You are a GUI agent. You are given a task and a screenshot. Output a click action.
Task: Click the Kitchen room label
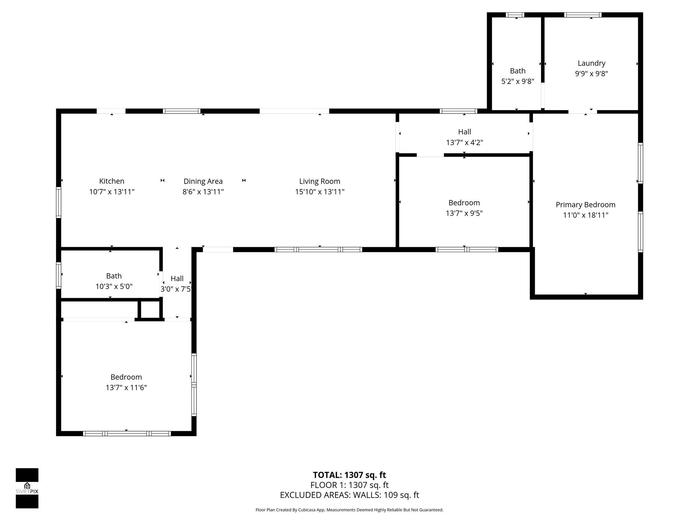tap(112, 181)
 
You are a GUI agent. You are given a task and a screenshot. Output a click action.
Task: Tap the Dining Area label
tap(203, 181)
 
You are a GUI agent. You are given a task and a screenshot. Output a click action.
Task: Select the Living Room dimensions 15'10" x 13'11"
tap(319, 192)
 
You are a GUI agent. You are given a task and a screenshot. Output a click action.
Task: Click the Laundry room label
tap(591, 63)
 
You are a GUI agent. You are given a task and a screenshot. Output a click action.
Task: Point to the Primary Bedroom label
tap(585, 205)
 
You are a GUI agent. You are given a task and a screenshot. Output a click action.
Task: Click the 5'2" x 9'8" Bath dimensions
tap(517, 82)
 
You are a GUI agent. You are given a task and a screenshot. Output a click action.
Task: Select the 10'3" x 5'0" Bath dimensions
tap(114, 287)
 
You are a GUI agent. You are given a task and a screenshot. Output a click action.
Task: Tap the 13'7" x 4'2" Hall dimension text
tap(464, 143)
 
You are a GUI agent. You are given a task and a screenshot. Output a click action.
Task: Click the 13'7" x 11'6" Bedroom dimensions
tap(126, 388)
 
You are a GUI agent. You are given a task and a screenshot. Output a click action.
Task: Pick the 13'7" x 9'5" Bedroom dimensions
tap(464, 213)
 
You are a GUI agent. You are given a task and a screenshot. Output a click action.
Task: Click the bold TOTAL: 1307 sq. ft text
tap(349, 475)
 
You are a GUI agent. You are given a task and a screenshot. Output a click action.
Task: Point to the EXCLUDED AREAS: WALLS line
tap(349, 495)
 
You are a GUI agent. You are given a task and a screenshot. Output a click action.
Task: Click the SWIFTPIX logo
tap(27, 488)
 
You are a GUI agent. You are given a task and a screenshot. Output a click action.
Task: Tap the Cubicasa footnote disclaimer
tap(349, 510)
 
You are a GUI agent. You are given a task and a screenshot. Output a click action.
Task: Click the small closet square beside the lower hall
tap(150, 309)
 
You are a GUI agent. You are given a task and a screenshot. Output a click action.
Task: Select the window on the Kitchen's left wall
tap(59, 202)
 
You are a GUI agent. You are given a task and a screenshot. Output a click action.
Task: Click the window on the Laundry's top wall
tap(582, 15)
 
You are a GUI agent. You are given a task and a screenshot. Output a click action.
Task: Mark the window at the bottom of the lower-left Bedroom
tap(127, 434)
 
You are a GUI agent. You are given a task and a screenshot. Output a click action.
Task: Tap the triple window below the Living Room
tap(318, 250)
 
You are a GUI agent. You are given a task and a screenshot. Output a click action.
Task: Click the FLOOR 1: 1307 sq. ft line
tap(349, 485)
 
